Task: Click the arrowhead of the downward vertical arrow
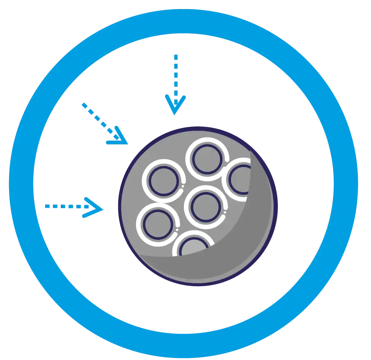click(176, 105)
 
